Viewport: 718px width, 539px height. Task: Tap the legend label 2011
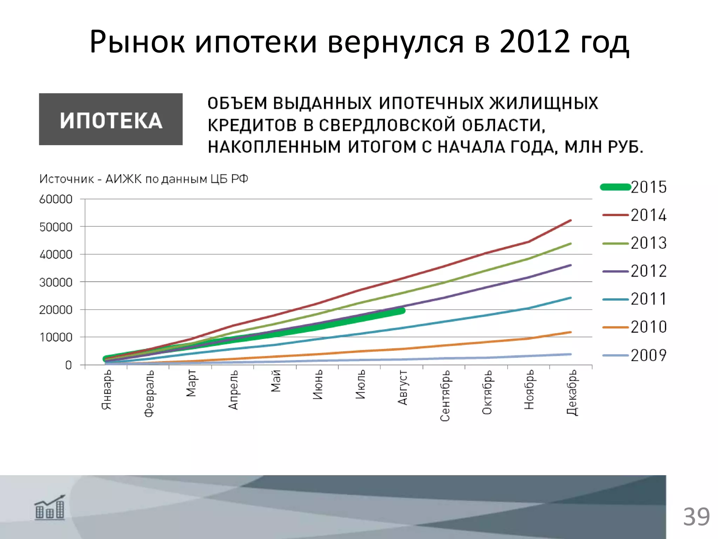pyautogui.click(x=648, y=299)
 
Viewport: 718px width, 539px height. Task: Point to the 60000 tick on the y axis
pyautogui.click(x=56, y=199)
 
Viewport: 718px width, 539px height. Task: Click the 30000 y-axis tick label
pyautogui.click(x=56, y=282)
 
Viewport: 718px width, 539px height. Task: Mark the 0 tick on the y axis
pyautogui.click(x=68, y=365)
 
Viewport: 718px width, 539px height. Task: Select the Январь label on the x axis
pyautogui.click(x=106, y=390)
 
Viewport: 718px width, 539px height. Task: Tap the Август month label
pyautogui.click(x=402, y=387)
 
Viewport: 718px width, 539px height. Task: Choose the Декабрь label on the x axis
pyautogui.click(x=572, y=392)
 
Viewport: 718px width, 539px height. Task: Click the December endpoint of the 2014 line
pyautogui.click(x=571, y=220)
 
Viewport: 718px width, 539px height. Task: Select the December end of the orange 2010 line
pyautogui.click(x=571, y=332)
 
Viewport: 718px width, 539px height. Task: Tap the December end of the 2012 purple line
pyautogui.click(x=571, y=265)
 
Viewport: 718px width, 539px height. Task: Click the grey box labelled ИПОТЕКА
pyautogui.click(x=111, y=119)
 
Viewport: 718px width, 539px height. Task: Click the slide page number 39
pyautogui.click(x=696, y=517)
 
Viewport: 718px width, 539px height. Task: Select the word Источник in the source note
pyautogui.click(x=67, y=179)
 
